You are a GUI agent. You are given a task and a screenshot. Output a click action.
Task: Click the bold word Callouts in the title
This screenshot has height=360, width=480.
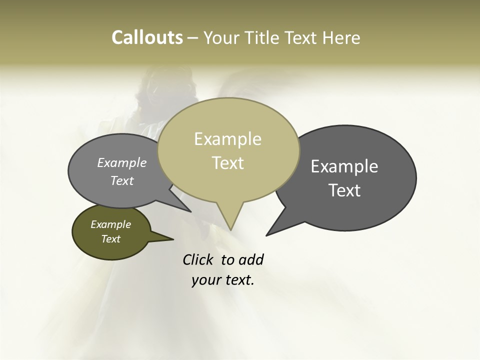[147, 37]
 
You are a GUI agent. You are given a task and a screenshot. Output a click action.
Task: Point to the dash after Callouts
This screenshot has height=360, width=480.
[193, 38]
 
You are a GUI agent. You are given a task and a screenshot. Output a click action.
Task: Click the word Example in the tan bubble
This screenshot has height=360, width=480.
[227, 139]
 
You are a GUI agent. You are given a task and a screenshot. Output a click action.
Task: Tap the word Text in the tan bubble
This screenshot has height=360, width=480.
[228, 163]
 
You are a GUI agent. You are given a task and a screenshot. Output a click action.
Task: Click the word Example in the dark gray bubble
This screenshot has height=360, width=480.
[344, 166]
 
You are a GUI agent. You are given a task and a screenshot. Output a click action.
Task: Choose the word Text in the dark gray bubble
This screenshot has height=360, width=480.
[345, 190]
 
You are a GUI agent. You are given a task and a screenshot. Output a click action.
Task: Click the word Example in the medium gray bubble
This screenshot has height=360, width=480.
[122, 163]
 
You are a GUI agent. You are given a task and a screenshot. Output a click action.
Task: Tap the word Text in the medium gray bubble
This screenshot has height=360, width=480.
[122, 181]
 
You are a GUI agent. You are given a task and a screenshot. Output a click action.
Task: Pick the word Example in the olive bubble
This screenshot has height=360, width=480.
[111, 224]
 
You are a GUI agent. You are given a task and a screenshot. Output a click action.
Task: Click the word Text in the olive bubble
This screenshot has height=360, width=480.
[111, 239]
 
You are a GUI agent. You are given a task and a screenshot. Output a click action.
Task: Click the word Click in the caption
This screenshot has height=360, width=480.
[198, 260]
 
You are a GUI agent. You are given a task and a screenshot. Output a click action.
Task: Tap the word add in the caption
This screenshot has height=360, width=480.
[251, 260]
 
